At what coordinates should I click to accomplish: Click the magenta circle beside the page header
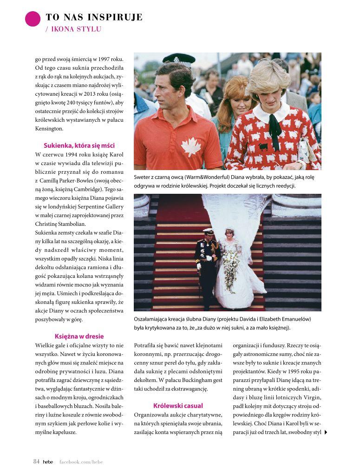pos(33,19)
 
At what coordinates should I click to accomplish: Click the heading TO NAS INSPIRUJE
pos(94,18)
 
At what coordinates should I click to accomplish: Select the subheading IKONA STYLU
pos(73,29)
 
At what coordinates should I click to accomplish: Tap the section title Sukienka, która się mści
pos(79,145)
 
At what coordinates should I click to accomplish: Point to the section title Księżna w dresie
pos(79,336)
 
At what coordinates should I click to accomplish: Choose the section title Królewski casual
pos(178,405)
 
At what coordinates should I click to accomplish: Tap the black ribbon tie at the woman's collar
pos(275,125)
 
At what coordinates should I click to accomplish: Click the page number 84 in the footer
pos(36,461)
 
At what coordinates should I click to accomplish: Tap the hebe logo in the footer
pos(48,462)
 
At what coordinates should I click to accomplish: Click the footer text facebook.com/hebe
pos(81,462)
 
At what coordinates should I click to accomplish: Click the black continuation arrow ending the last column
pos(326,432)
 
